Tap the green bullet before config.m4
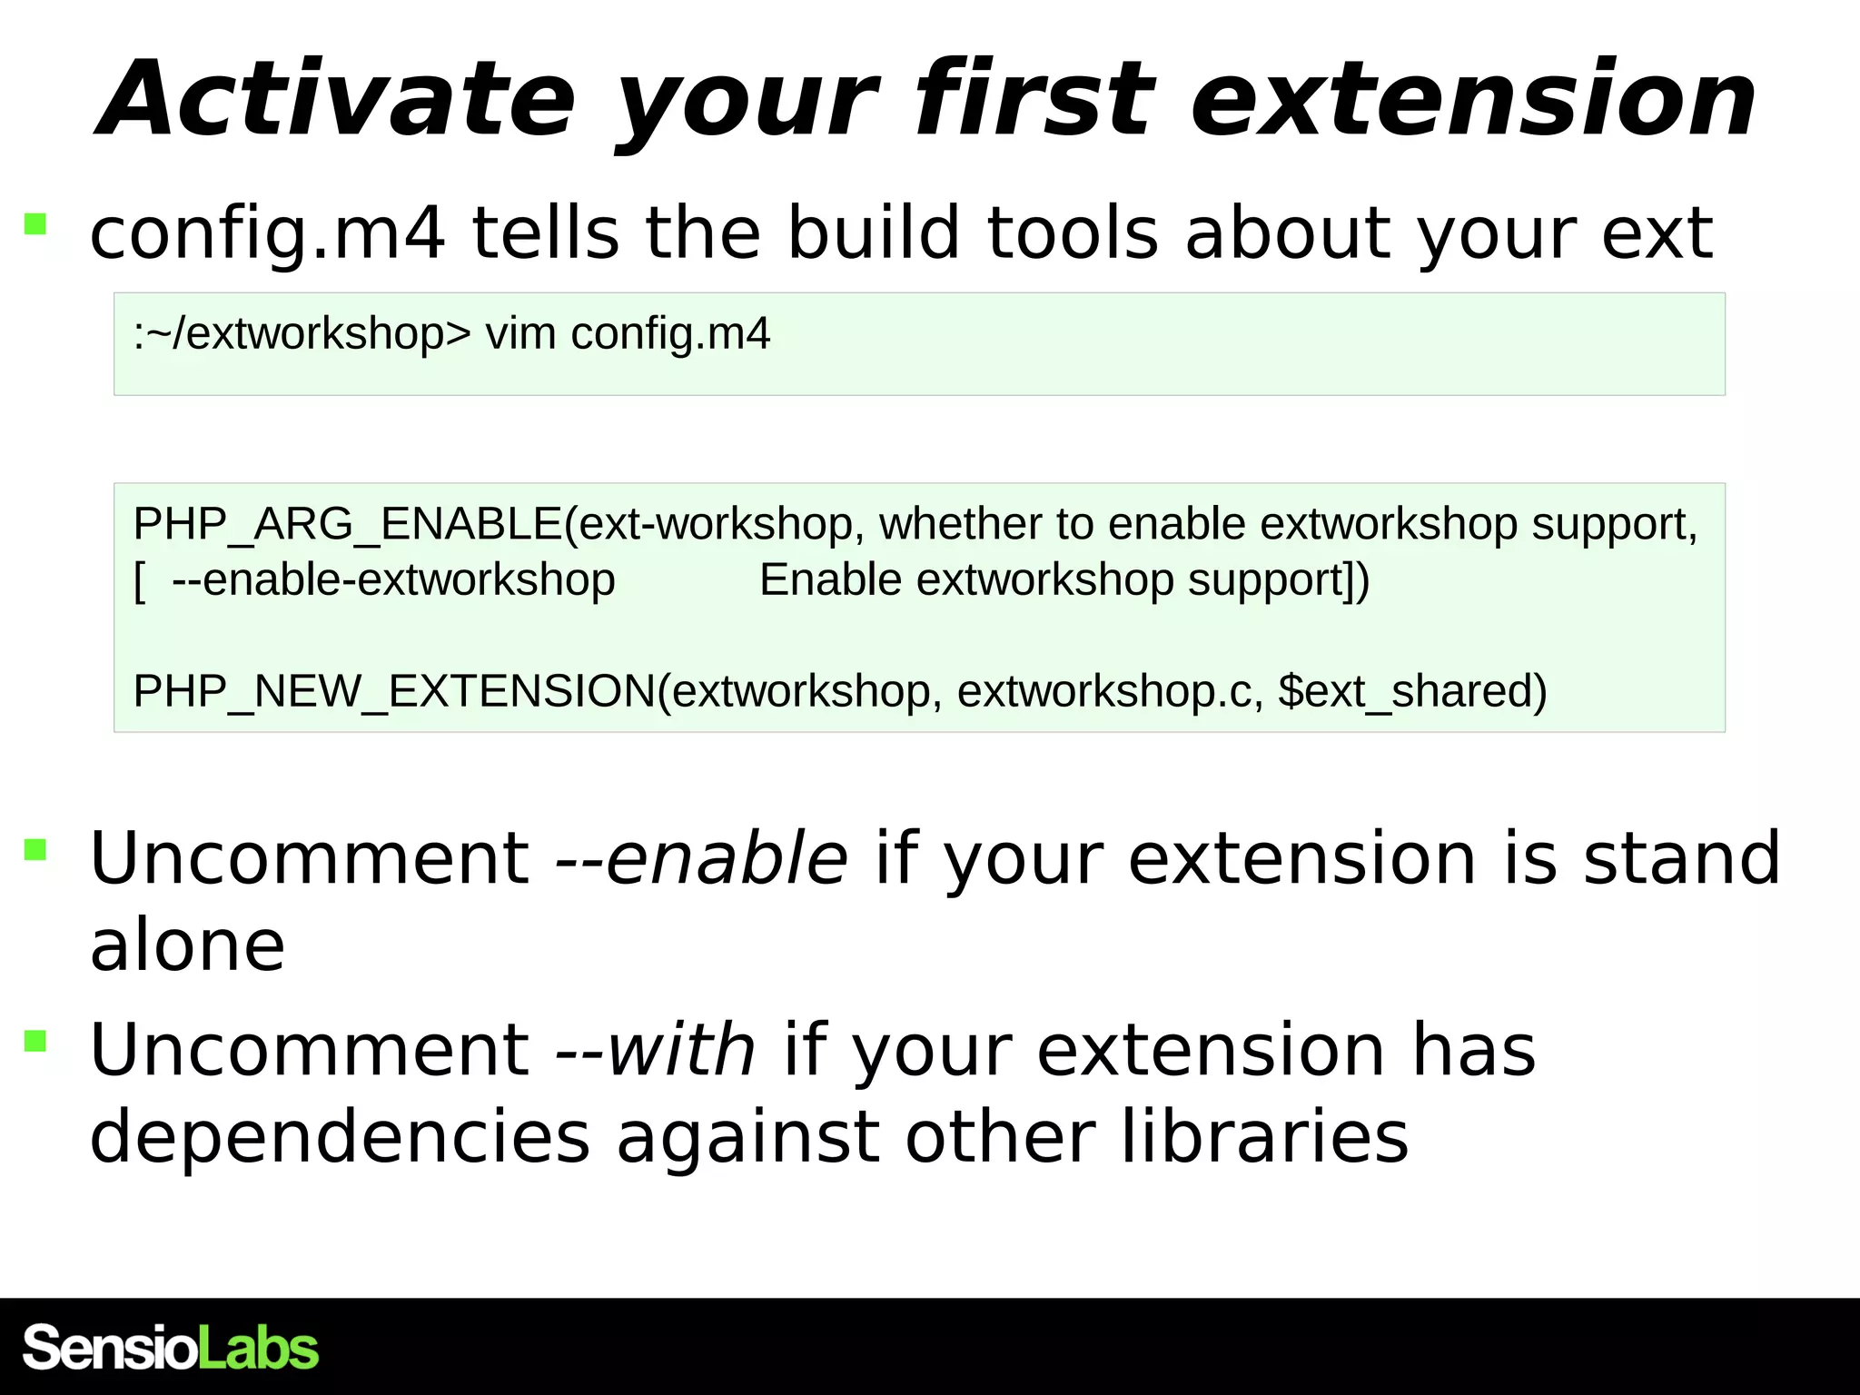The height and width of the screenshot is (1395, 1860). pyautogui.click(x=35, y=223)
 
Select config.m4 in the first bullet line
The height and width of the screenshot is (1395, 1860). pyautogui.click(x=267, y=233)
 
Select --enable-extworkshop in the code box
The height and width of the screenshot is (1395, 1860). pyautogui.click(x=393, y=579)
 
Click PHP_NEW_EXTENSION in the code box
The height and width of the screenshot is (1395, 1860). pyautogui.click(x=394, y=691)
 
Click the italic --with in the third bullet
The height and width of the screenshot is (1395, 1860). pyautogui.click(x=655, y=1050)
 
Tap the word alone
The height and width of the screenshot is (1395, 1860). pyautogui.click(x=187, y=945)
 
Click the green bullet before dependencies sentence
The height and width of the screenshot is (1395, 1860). pyautogui.click(x=35, y=1040)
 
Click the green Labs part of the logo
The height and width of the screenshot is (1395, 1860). pyautogui.click(x=258, y=1347)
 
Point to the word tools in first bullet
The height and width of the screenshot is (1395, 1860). pyautogui.click(x=1073, y=233)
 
